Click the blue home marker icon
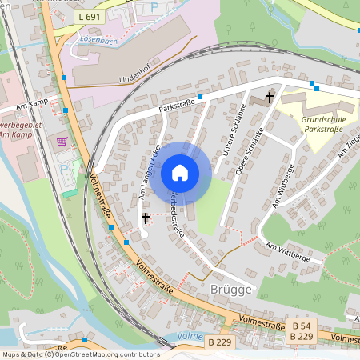point(179,172)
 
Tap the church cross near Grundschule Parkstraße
point(269,97)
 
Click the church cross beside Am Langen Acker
point(146,217)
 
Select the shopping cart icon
point(62,142)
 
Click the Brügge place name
point(231,289)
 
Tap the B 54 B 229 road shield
point(301,332)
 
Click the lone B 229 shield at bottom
point(220,342)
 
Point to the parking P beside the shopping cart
point(65,170)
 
